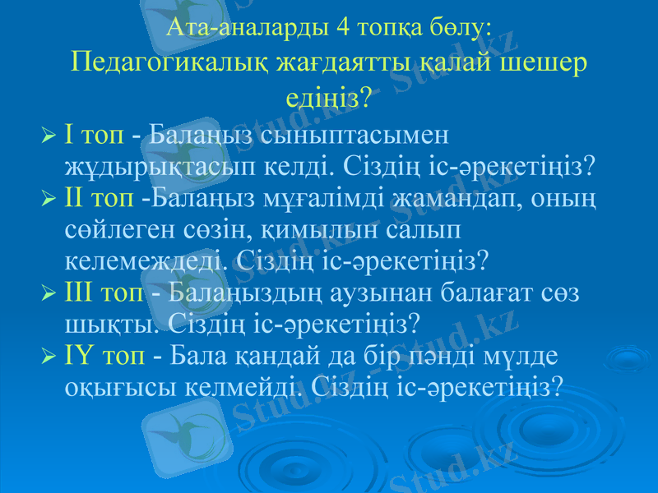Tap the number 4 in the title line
pos(341,28)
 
